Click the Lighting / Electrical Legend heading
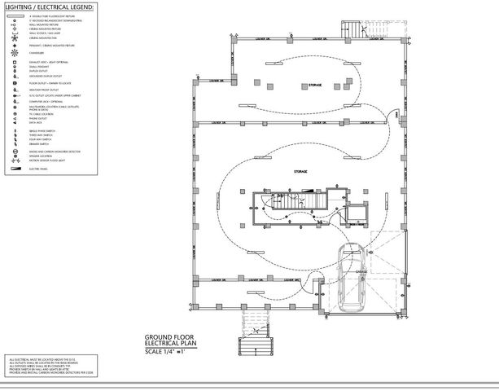coord(50,7)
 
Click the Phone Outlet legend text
coord(37,119)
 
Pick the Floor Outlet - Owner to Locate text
coord(49,82)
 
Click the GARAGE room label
coord(360,271)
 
